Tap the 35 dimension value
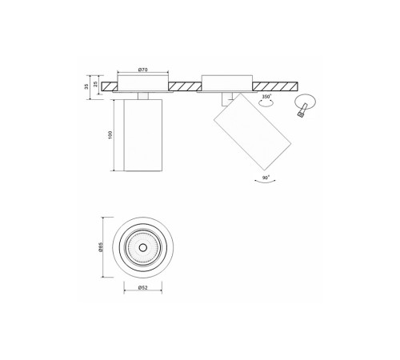[86, 86]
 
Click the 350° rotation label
[266, 96]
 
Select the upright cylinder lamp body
[142, 136]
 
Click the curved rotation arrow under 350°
[266, 103]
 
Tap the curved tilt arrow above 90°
[265, 183]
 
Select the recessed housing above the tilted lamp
[226, 83]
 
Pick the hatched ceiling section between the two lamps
[185, 86]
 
